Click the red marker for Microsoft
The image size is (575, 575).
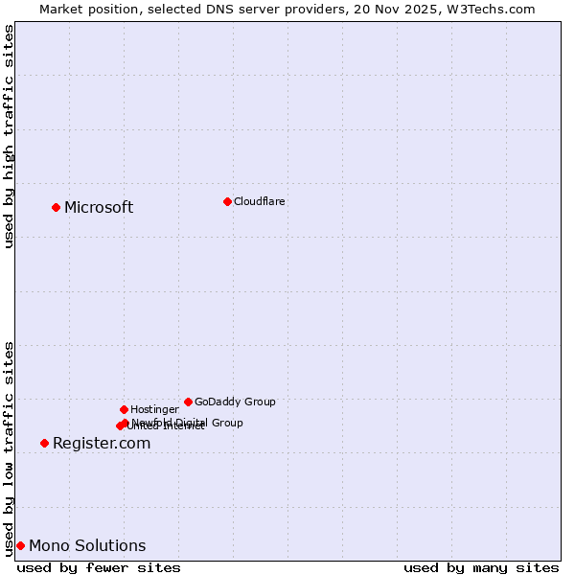point(56,207)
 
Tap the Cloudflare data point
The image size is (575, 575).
point(227,201)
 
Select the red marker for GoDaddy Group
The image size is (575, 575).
point(188,402)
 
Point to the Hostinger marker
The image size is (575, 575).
point(124,409)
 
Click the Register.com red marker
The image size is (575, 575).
point(44,443)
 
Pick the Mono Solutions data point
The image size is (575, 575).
point(20,545)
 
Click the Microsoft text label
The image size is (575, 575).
point(99,208)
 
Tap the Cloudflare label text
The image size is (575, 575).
point(259,201)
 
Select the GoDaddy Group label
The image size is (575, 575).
point(235,402)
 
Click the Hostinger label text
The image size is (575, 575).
point(154,409)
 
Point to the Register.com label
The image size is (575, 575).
point(102,444)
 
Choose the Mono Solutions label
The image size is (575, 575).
point(87,546)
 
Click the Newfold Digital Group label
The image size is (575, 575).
point(188,422)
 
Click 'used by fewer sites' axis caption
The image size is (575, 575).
point(99,567)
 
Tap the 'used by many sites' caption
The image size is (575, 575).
point(481,567)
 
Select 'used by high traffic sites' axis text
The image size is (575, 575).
point(10,136)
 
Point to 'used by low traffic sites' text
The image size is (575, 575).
point(10,448)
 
